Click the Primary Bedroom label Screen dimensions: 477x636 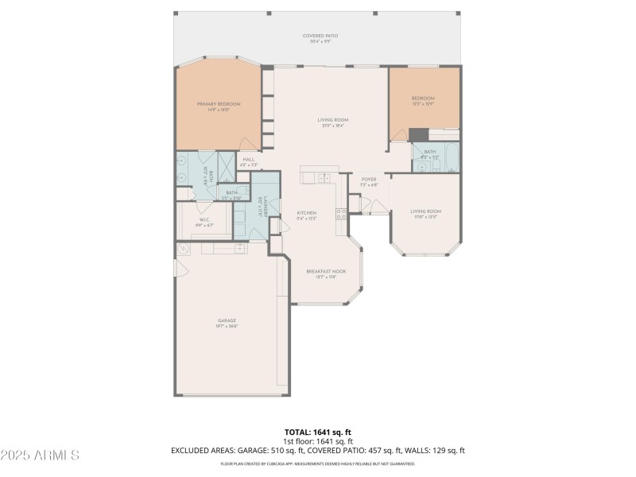(x=219, y=104)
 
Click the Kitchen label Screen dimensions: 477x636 (x=307, y=213)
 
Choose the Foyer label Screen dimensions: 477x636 (x=369, y=180)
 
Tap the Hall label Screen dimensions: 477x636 (x=248, y=160)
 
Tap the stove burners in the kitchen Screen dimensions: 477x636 (x=341, y=213)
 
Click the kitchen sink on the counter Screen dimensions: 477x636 (x=324, y=178)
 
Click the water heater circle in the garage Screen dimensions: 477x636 (x=183, y=249)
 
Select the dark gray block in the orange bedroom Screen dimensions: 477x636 (x=418, y=135)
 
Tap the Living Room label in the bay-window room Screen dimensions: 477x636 (x=425, y=212)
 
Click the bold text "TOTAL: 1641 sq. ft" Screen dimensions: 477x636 (x=317, y=432)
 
